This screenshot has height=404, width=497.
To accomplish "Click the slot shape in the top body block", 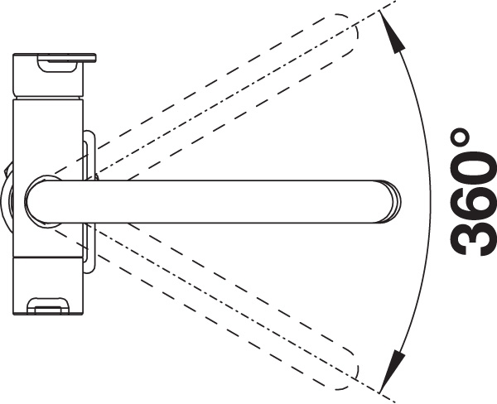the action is (57, 63).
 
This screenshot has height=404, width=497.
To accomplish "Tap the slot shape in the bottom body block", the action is (47, 305).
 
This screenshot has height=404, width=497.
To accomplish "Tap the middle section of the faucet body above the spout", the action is (47, 139).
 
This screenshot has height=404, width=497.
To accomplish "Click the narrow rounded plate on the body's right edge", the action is (89, 202).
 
